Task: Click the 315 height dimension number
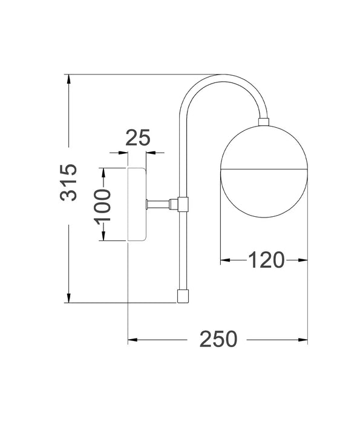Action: pyautogui.click(x=70, y=182)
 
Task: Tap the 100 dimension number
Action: pyautogui.click(x=103, y=204)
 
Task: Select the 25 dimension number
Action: pyautogui.click(x=137, y=138)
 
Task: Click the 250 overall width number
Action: pyautogui.click(x=218, y=339)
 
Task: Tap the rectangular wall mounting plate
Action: pyautogui.click(x=137, y=204)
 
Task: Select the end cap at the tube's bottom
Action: pyautogui.click(x=182, y=296)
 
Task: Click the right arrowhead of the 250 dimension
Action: pyautogui.click(x=303, y=339)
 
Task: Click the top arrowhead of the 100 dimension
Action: pyautogui.click(x=103, y=172)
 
